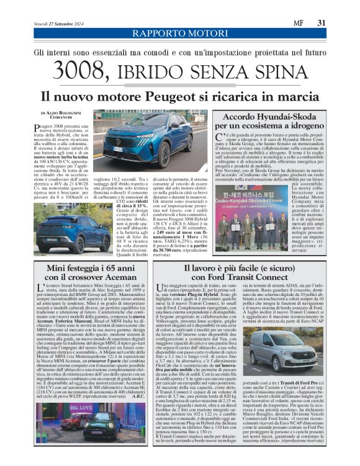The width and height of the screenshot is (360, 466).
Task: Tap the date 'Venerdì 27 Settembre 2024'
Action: coord(56,24)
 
